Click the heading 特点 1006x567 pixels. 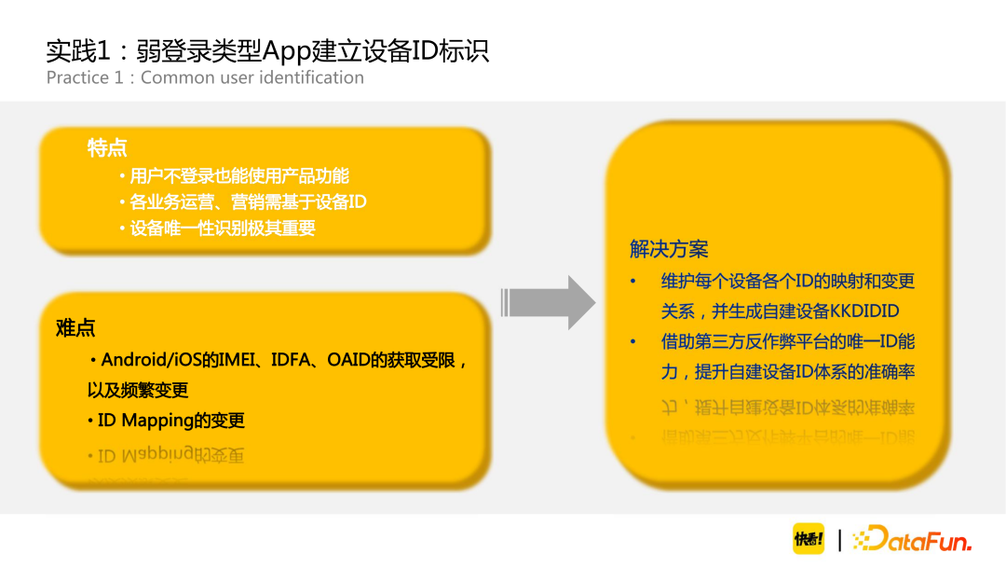point(107,148)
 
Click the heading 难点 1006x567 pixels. point(75,328)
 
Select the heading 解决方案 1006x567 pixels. point(669,249)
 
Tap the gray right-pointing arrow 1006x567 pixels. point(549,302)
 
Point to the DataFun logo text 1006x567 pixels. point(914,539)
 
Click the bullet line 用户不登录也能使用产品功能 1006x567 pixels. point(239,175)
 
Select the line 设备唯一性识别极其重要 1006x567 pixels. point(223,228)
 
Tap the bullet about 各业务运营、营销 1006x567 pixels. point(248,201)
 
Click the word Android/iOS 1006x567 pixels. point(151,360)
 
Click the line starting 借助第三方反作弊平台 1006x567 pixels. point(788,341)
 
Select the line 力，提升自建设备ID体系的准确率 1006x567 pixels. point(788,371)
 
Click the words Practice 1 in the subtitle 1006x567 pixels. point(85,77)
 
